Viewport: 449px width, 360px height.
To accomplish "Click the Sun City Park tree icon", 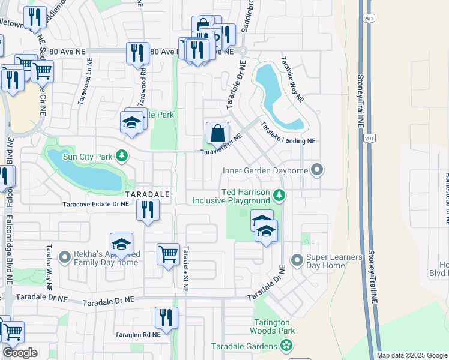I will point(122,157).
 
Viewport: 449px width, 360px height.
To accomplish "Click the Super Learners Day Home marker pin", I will point(296,260).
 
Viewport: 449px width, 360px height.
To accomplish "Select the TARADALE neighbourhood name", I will point(147,195).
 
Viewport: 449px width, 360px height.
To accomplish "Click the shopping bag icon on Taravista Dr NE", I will point(217,133).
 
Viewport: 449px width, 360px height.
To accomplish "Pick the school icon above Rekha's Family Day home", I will point(121,244).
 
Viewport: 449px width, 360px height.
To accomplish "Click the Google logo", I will point(20,353).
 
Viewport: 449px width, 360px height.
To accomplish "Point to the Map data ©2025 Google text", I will point(411,355).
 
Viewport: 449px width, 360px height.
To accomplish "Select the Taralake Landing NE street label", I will point(288,133).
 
